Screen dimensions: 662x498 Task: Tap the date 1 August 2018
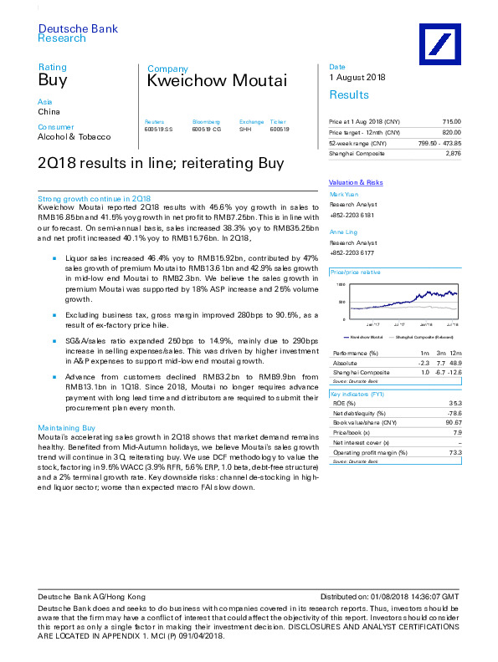pyautogui.click(x=357, y=78)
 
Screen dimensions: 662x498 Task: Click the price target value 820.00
pyautogui.click(x=451, y=133)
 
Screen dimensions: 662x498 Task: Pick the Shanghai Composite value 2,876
pyautogui.click(x=453, y=153)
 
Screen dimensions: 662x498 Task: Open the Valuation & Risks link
pyautogui.click(x=356, y=182)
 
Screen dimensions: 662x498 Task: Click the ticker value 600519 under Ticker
pyautogui.click(x=279, y=129)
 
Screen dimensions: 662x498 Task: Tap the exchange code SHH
pyautogui.click(x=245, y=129)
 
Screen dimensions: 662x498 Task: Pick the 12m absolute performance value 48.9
pyautogui.click(x=454, y=364)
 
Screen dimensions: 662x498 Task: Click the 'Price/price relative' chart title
pyautogui.click(x=356, y=272)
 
